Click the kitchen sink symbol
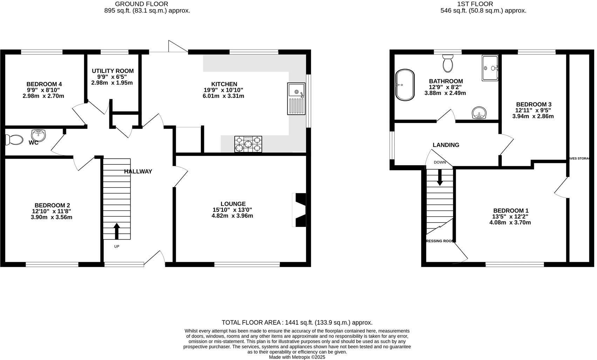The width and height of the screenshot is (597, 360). pyautogui.click(x=296, y=99)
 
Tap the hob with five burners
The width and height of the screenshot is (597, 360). pyautogui.click(x=248, y=144)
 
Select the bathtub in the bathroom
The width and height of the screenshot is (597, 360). pyautogui.click(x=405, y=85)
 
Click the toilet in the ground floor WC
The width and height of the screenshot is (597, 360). pyautogui.click(x=13, y=140)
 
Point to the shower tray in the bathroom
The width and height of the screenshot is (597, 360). pyautogui.click(x=490, y=68)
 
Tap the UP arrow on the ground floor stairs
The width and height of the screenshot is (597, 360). pyautogui.click(x=117, y=231)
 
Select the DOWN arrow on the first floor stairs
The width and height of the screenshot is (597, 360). pyautogui.click(x=439, y=178)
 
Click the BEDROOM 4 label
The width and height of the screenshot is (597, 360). pyautogui.click(x=44, y=84)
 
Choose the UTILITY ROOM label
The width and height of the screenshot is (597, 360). pyautogui.click(x=112, y=71)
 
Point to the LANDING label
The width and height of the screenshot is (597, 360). pyautogui.click(x=446, y=145)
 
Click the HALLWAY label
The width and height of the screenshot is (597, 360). pyautogui.click(x=138, y=171)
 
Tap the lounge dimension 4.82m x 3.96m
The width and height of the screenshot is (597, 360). pyautogui.click(x=232, y=216)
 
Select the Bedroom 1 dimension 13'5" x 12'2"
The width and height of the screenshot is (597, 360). pyautogui.click(x=510, y=216)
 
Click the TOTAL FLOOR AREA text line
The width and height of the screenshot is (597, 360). pyautogui.click(x=297, y=322)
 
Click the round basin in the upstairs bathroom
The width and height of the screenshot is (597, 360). pyautogui.click(x=479, y=113)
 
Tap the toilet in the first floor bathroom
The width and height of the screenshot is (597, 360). pyautogui.click(x=447, y=63)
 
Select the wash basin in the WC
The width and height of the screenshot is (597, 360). pyautogui.click(x=39, y=135)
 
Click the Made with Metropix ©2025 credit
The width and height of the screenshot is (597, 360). pyautogui.click(x=297, y=357)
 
